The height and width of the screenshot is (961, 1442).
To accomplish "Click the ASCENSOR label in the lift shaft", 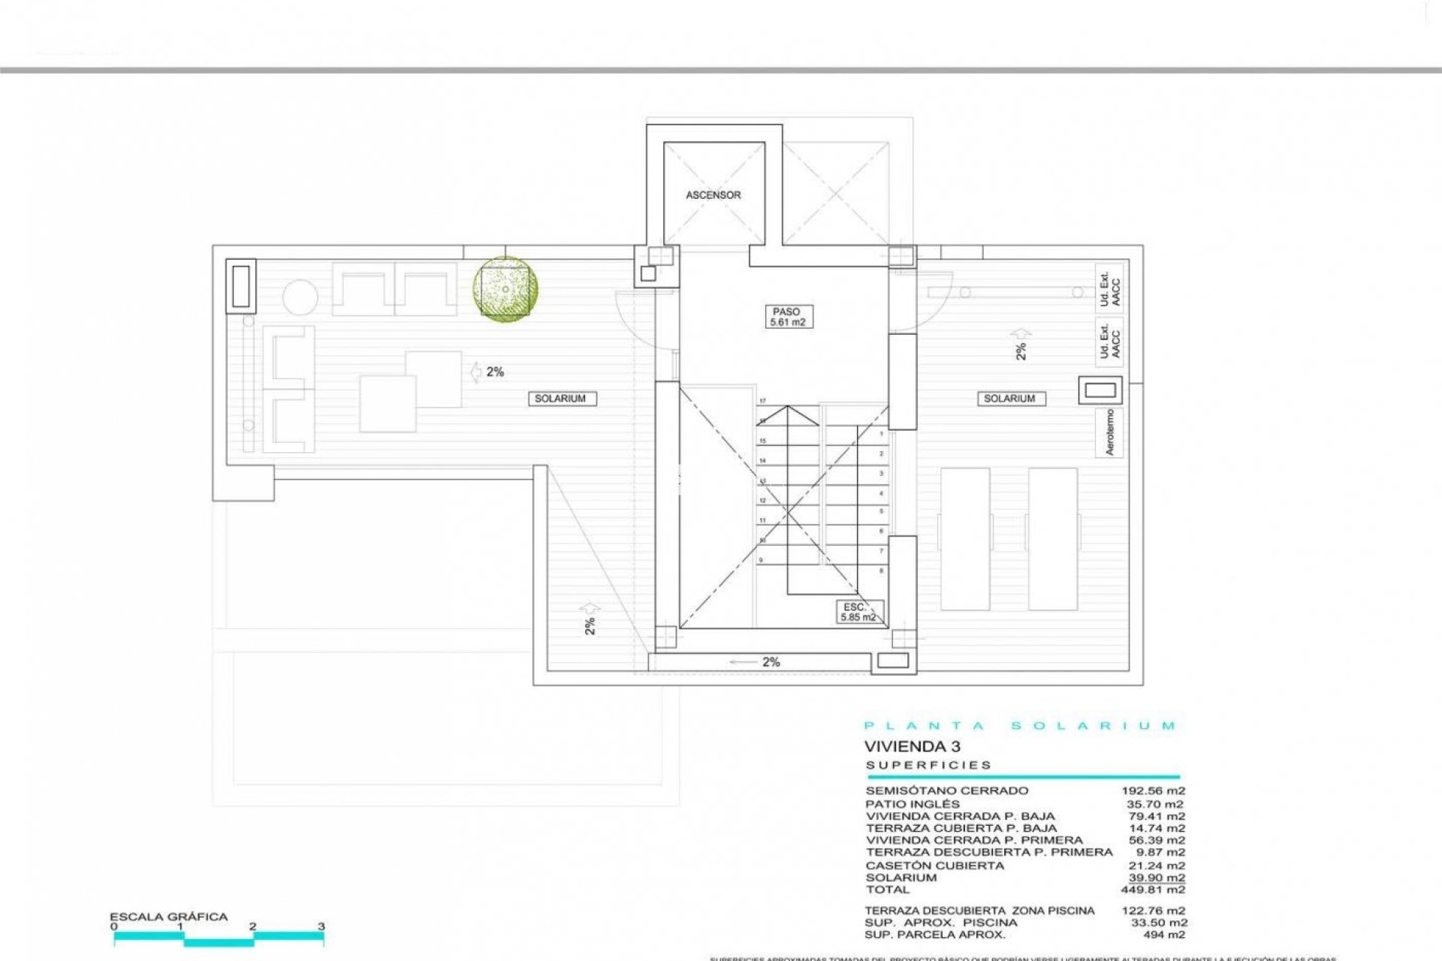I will coord(713,195).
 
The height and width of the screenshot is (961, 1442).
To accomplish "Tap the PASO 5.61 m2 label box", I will coord(786,317).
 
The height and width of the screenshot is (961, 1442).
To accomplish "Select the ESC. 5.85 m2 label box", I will coord(858,612).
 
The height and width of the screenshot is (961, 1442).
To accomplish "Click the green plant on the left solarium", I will coord(505,290).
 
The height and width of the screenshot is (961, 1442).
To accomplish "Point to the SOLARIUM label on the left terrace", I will coord(560,399).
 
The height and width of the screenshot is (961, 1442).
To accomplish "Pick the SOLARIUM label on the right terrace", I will coord(1009,399).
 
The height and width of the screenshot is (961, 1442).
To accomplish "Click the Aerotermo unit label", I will coord(1110,432).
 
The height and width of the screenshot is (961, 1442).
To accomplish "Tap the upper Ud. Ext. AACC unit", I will coord(1109,288).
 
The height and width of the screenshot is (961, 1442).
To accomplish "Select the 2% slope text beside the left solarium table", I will coord(495,372).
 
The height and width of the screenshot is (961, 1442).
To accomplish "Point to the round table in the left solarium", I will coord(300,297).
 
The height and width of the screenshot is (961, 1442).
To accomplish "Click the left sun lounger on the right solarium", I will coord(965,538).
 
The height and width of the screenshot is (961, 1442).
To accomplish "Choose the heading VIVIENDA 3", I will coord(912,746).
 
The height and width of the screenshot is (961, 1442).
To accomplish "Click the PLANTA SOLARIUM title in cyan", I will coord(1020,726).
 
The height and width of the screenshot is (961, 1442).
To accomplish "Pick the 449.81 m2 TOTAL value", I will coord(1157,890).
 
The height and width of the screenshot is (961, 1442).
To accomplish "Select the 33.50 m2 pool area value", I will coord(1159,923).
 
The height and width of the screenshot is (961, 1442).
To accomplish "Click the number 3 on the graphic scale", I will coord(321,926).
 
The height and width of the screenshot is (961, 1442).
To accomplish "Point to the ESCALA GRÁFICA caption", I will coord(168,917).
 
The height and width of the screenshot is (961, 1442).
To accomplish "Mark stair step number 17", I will coord(762,402).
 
